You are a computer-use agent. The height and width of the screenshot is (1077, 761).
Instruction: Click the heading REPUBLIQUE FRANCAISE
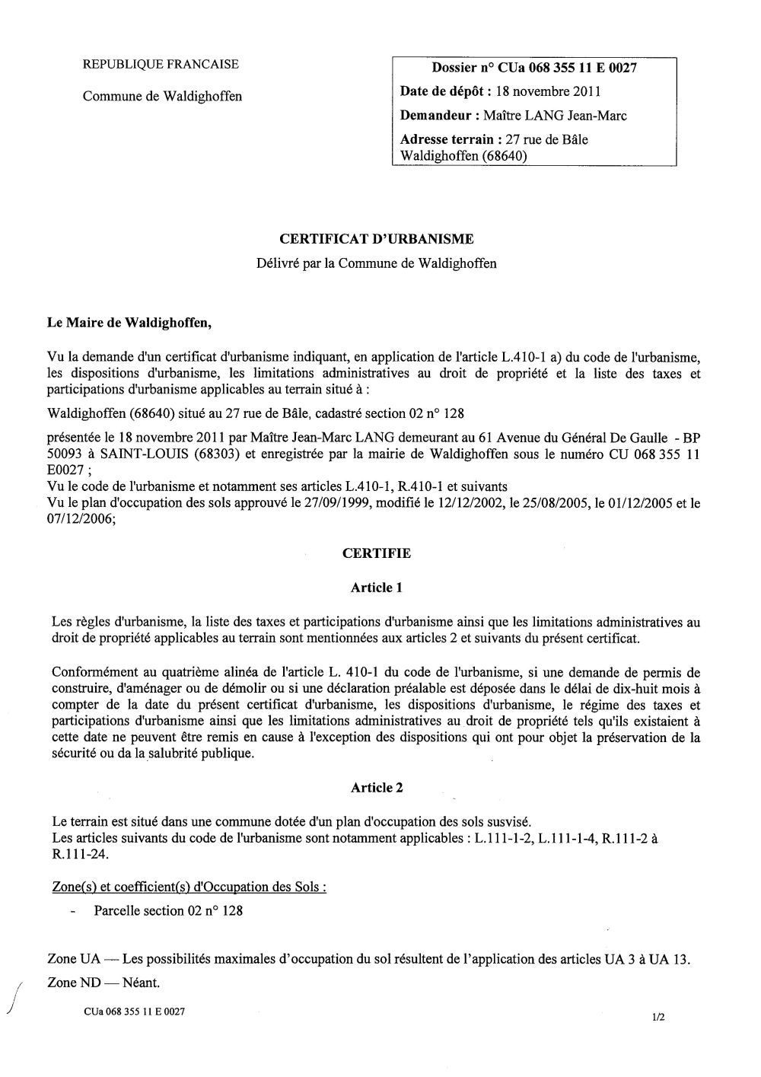click(x=160, y=65)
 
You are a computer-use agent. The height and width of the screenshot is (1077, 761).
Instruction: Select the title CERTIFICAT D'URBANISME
click(x=377, y=239)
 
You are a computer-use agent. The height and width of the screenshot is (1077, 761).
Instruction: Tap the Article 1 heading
click(x=376, y=587)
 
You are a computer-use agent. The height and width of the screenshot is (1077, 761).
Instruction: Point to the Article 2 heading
click(x=376, y=788)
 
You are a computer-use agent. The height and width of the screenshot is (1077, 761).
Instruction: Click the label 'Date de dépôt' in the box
click(x=444, y=92)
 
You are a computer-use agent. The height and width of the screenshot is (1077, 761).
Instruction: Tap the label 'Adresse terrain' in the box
click(x=450, y=139)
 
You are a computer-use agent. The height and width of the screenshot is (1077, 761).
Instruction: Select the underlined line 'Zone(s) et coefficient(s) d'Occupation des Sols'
click(x=189, y=887)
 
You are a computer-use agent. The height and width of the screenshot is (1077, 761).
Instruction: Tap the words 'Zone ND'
click(x=75, y=983)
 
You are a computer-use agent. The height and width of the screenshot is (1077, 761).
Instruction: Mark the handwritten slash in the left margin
click(x=16, y=997)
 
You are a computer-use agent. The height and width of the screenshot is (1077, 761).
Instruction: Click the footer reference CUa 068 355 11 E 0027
click(x=135, y=1012)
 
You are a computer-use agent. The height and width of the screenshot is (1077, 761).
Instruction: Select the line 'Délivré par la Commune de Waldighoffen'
click(x=376, y=263)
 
